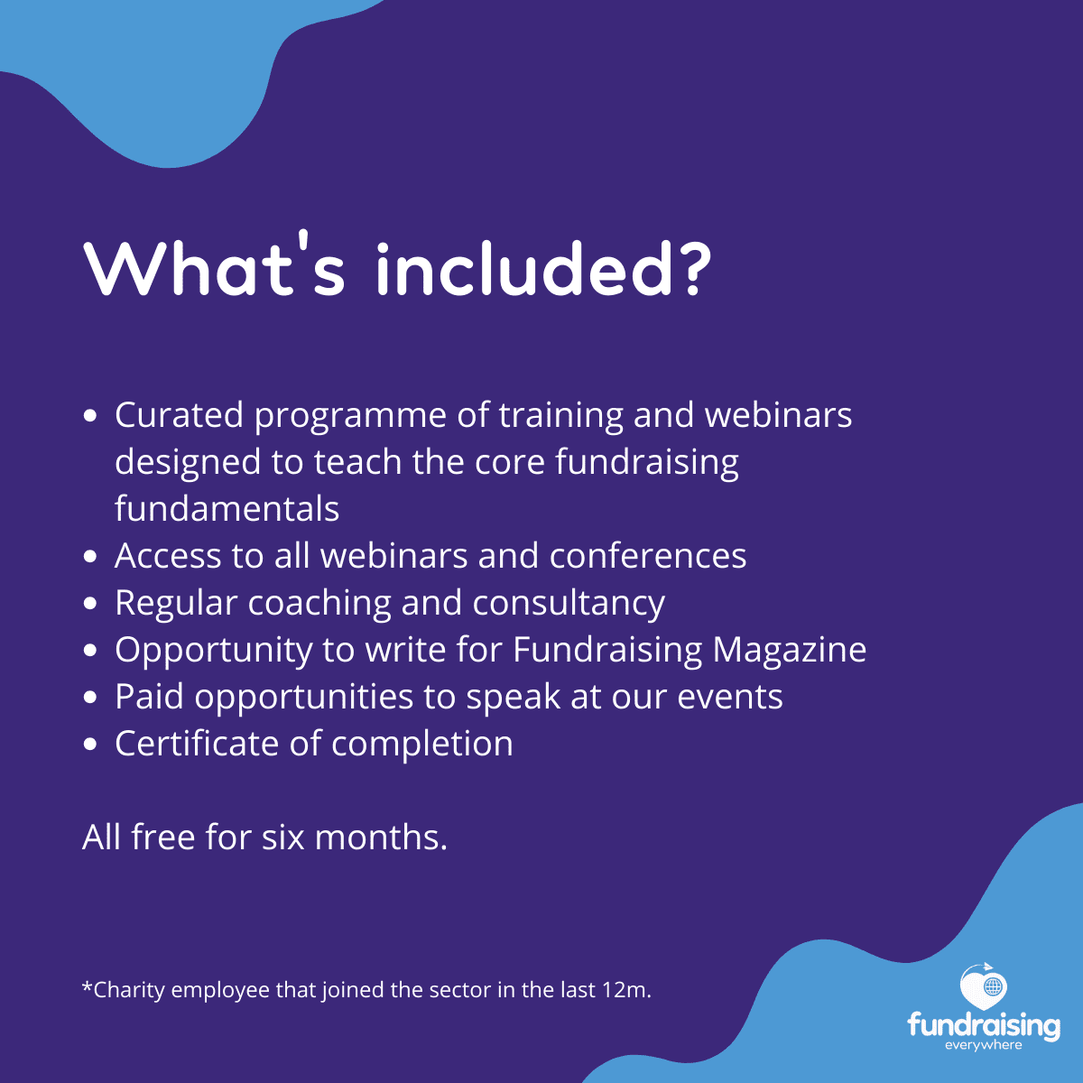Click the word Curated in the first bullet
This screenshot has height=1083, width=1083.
tap(179, 415)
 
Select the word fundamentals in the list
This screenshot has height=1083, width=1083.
tap(227, 508)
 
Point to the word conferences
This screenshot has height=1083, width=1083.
tap(648, 555)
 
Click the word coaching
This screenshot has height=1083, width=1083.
tap(319, 604)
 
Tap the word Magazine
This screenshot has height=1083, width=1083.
tap(790, 650)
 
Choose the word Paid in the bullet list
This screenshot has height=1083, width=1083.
tap(150, 697)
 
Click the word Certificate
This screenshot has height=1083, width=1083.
tap(197, 743)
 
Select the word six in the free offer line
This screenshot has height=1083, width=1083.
tap(282, 838)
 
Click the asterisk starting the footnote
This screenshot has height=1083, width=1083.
tap(88, 986)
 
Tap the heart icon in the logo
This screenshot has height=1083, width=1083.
tap(984, 986)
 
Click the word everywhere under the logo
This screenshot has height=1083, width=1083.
tap(984, 1045)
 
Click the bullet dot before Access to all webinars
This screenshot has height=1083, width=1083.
tap(90, 557)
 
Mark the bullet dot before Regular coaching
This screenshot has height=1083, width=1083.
tap(90, 603)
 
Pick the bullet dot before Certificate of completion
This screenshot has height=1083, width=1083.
tap(90, 744)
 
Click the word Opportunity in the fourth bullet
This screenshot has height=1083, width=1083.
tap(214, 651)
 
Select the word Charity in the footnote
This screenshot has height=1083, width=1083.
tap(129, 991)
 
